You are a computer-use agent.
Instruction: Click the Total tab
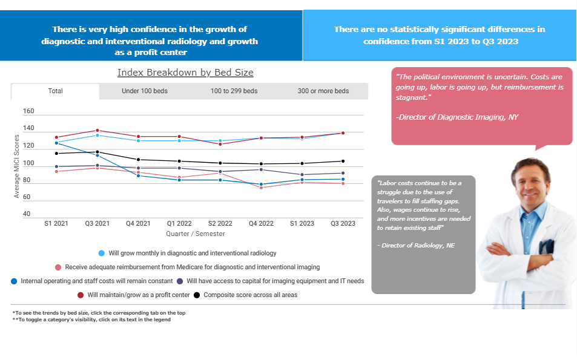point(55,91)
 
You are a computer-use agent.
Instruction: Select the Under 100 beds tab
point(144,91)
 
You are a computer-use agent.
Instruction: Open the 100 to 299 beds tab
point(234,91)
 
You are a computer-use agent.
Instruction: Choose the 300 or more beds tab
point(323,91)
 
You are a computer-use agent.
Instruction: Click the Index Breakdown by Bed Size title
point(185,73)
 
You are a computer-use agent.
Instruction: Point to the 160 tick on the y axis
point(28,111)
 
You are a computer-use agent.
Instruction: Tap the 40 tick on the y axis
point(27,214)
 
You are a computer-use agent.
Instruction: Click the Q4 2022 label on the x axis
point(261,224)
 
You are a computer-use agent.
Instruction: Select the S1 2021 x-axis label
point(56,224)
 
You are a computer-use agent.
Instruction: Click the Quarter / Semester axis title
point(196,234)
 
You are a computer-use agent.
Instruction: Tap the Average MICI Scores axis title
point(16,166)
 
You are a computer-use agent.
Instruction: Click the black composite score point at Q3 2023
point(343,161)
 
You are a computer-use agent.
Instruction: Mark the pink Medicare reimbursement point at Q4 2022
point(261,188)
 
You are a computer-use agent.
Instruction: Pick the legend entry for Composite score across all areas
point(250,295)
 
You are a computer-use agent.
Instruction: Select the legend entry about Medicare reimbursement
point(192,267)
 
